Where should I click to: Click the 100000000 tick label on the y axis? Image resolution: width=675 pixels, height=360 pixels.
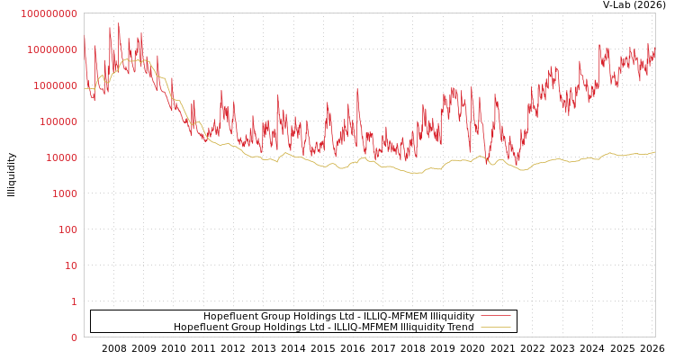coord(49,13)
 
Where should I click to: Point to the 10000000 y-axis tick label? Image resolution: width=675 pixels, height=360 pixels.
coord(52,49)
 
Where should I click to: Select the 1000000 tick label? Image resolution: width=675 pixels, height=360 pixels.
coord(55,85)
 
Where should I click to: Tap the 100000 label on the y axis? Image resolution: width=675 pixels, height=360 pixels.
coord(58,121)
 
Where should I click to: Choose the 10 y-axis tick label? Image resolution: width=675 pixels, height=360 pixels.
coord(70,265)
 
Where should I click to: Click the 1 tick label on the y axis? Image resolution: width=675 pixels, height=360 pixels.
coord(74,301)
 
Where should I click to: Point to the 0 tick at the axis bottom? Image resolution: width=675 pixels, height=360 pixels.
coord(74,337)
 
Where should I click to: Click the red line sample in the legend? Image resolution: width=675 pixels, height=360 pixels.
coord(495,316)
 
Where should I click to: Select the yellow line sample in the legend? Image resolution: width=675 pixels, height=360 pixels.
coord(495,327)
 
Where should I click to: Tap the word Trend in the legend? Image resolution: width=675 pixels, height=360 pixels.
coord(460,327)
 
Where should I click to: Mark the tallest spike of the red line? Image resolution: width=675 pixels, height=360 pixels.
coord(119,24)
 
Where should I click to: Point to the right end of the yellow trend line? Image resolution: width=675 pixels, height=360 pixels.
coord(654,152)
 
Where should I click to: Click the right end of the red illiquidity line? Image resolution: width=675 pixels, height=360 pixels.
coord(654,52)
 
